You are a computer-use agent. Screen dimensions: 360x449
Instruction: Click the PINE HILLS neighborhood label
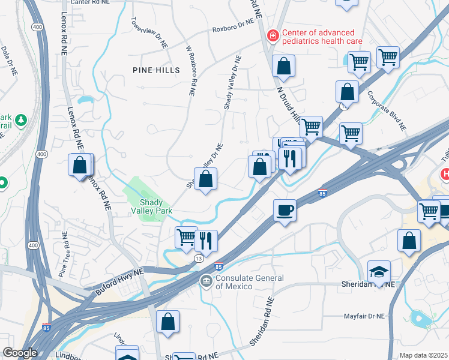tap(156, 70)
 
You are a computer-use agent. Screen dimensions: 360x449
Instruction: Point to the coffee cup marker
tap(285, 211)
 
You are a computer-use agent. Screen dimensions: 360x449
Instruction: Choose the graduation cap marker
tap(379, 272)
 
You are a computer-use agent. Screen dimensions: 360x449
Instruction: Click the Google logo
tap(20, 353)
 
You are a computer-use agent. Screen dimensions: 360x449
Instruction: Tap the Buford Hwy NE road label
tap(120, 282)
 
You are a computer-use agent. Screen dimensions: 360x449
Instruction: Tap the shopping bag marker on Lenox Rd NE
tap(80, 165)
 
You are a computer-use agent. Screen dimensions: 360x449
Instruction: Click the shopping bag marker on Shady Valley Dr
tap(205, 179)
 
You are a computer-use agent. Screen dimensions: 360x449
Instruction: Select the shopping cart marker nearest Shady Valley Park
tap(186, 238)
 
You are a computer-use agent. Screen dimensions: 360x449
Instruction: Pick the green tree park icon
tap(21, 121)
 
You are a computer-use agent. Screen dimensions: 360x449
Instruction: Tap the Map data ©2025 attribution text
tap(424, 355)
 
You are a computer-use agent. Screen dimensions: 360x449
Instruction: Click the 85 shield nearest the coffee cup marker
tap(322, 193)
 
